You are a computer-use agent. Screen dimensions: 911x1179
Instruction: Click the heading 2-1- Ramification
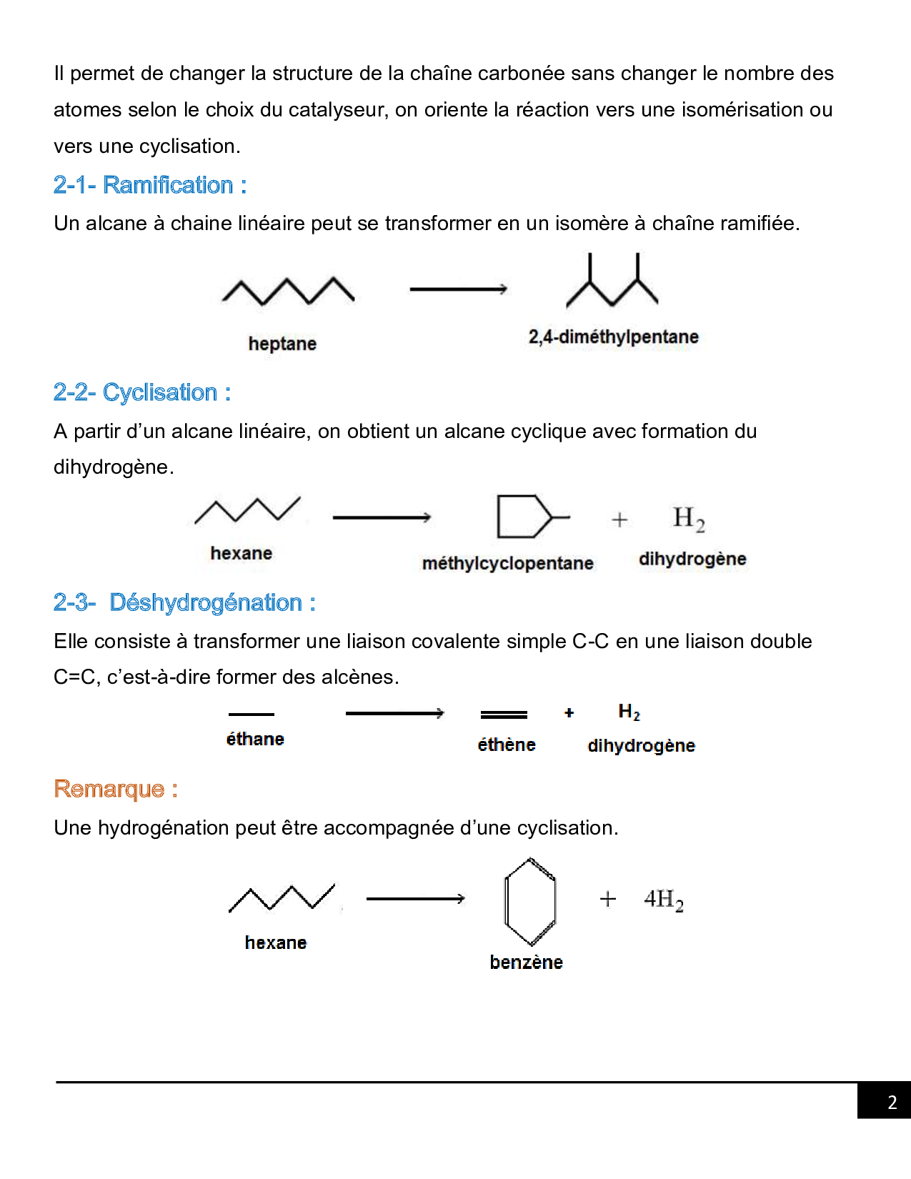(150, 185)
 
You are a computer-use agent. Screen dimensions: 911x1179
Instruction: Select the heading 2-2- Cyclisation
(142, 392)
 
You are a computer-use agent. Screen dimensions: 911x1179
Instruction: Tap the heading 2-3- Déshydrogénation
(184, 602)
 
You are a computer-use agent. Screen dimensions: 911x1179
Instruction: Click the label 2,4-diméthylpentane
(614, 337)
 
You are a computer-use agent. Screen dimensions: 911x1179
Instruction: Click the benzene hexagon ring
(505, 902)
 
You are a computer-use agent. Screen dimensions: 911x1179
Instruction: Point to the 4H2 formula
(664, 900)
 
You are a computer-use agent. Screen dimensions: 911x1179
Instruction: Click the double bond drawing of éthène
(504, 715)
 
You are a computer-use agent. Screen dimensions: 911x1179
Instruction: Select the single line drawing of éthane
(252, 715)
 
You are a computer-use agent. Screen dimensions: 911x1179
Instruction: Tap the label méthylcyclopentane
(508, 563)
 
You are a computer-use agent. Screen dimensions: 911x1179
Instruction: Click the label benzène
(527, 962)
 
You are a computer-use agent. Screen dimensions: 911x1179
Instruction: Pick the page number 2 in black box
(892, 1103)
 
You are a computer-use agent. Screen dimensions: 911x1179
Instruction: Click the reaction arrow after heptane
(459, 289)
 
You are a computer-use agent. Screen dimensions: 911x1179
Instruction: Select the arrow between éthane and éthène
(395, 714)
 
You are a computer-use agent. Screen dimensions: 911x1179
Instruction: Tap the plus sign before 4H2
(608, 900)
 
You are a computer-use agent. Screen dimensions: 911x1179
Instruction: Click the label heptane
(282, 344)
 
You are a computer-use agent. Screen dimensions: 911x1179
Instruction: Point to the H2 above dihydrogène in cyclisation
(689, 519)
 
